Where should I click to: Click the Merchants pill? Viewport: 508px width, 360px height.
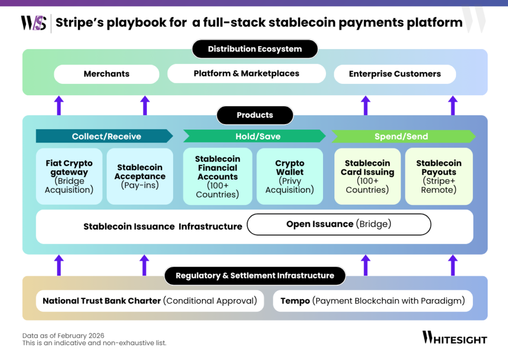pos(106,74)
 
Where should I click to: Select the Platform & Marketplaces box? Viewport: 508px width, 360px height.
pos(246,73)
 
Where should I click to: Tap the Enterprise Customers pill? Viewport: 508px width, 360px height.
pos(394,74)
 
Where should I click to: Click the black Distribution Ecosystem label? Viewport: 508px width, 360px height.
pos(254,49)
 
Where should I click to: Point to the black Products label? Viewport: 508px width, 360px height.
pos(254,115)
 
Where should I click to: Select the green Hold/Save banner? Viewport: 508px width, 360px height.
pos(254,136)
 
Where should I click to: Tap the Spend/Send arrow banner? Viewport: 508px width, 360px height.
pos(402,136)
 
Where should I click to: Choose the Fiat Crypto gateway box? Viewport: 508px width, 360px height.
pos(69,176)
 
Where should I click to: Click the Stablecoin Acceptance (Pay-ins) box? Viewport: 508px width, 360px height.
pos(140,176)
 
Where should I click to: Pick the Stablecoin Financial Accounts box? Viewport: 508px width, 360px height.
pos(217,176)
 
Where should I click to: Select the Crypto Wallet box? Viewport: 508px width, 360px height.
pos(290,176)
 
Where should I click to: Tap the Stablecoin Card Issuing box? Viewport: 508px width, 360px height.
pos(367,176)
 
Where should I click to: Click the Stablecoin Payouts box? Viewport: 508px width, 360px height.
pos(439,176)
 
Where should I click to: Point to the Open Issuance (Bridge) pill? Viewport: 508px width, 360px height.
pos(339,224)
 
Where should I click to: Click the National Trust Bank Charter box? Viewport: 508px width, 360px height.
pos(150,301)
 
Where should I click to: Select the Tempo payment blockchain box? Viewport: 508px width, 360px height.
pos(373,301)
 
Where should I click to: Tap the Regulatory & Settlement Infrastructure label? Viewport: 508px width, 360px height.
pos(254,276)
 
